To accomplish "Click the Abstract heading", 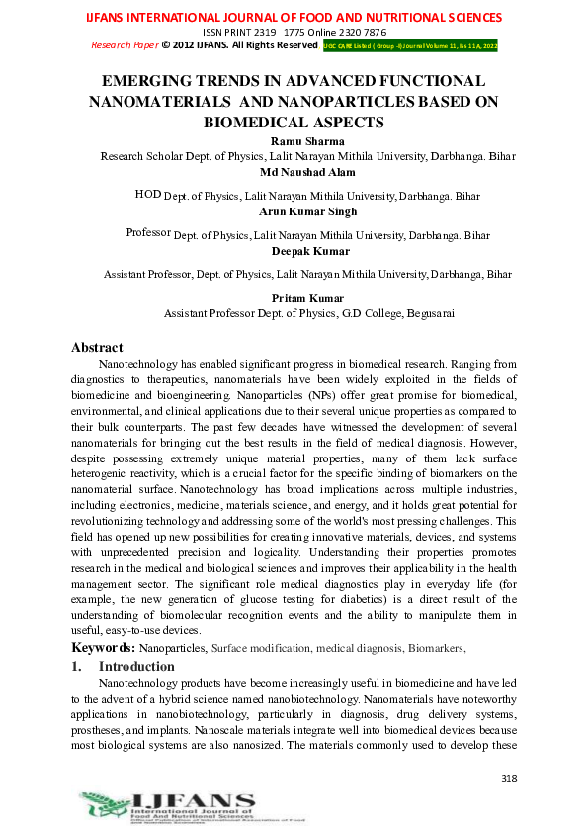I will (x=97, y=347).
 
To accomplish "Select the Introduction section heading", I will (x=136, y=666).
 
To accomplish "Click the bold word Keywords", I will (x=102, y=647).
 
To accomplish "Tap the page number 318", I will (x=509, y=779).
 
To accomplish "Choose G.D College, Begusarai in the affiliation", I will (x=392, y=313).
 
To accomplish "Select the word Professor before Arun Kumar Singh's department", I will (x=148, y=233).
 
